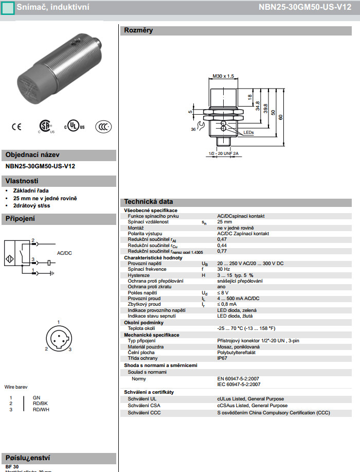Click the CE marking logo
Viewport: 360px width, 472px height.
pos(16,126)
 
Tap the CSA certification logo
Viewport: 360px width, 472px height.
pos(45,127)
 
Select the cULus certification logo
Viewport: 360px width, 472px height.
pos(75,127)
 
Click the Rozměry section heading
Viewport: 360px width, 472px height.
pos(138,30)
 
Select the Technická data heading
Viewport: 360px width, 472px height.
pos(149,202)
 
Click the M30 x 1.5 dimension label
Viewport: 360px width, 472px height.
pos(223,76)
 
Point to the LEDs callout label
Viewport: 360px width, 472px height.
pos(248,132)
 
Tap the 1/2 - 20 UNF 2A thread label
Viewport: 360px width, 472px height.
pos(224,153)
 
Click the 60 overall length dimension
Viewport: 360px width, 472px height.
pos(281,117)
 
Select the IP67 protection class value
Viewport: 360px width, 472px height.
pos(222,358)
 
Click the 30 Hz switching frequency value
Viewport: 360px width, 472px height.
pos(223,269)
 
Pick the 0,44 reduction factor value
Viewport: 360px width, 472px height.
pos(222,245)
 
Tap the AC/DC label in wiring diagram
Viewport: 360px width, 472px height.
pos(64,253)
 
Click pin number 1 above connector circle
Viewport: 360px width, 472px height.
pos(58,323)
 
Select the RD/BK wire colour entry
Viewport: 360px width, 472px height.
pos(40,404)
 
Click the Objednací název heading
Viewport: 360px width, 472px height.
pos(32,155)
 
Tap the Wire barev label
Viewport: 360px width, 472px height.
pos(16,387)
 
